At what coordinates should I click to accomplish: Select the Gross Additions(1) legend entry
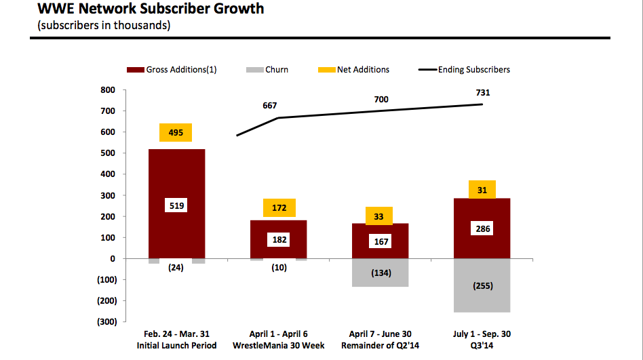pos(172,70)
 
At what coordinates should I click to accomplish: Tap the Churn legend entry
pos(269,70)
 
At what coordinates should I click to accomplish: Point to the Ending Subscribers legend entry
pos(465,70)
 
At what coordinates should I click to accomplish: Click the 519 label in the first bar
pos(176,205)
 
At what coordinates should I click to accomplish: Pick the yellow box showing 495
pos(176,133)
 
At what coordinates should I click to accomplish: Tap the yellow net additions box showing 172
pos(278,208)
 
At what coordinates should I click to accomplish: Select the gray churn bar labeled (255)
pos(482,285)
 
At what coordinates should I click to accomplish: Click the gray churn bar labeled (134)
pos(380,273)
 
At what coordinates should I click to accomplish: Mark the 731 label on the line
pos(482,93)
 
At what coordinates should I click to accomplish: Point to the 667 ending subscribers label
pos(270,106)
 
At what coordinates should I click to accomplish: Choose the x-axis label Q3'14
pos(482,346)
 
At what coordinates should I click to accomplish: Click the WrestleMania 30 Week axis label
pos(278,346)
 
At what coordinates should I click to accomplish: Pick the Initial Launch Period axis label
pos(176,346)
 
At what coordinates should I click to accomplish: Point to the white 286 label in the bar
pos(482,229)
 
